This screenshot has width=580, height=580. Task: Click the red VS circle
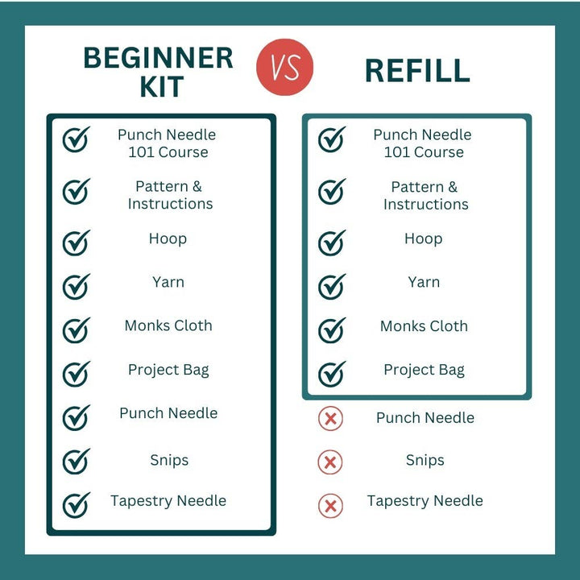tap(284, 67)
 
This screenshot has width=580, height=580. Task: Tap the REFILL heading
tap(417, 71)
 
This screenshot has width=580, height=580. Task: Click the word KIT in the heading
tap(162, 87)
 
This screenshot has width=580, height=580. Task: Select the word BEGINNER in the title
tap(159, 58)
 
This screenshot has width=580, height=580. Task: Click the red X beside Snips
tap(330, 462)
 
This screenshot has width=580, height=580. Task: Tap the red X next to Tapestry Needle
tap(330, 506)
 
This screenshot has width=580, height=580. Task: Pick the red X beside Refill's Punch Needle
tap(330, 418)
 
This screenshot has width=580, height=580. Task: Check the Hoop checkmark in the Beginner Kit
tap(77, 242)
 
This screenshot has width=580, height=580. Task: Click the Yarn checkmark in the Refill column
tap(332, 287)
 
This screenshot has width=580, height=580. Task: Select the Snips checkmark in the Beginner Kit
tap(77, 462)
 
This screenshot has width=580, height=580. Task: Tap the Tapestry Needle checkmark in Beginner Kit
tap(77, 505)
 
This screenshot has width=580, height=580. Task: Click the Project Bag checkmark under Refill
tap(332, 374)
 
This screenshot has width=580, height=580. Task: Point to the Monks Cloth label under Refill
tap(424, 326)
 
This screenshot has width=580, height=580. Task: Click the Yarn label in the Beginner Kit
tap(168, 282)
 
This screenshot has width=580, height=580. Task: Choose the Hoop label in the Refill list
tap(424, 239)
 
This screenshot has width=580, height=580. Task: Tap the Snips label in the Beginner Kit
tap(169, 460)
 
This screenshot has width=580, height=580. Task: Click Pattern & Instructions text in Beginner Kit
tap(170, 195)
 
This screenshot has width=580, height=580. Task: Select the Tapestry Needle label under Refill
tap(425, 501)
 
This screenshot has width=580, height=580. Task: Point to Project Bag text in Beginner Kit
tap(168, 370)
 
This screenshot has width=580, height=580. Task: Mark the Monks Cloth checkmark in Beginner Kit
tap(77, 330)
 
